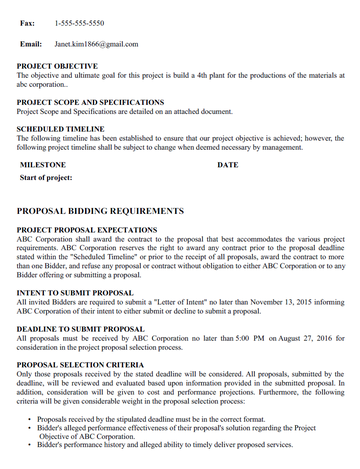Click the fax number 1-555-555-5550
80,21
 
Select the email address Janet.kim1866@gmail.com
96,44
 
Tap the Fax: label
27,21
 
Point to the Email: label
31,44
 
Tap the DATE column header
228,164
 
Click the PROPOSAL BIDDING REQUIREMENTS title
100,212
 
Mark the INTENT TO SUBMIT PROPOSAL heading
75,293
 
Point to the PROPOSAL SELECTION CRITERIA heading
80,365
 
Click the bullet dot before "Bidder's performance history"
27,443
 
